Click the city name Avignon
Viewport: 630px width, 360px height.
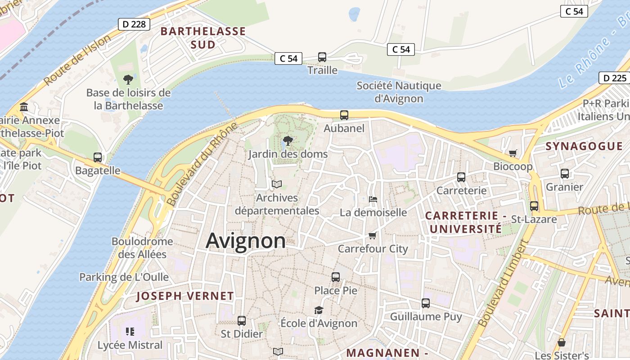tap(246, 241)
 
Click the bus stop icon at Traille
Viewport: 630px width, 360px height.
tap(322, 57)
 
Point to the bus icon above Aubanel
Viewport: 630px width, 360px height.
tap(344, 115)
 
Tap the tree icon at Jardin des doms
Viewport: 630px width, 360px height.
tap(288, 141)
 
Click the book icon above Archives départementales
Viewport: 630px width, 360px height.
tap(277, 184)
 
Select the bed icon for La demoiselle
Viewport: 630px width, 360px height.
tap(373, 199)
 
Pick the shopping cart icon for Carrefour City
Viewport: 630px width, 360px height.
tap(372, 236)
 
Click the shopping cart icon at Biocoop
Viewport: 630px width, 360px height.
tap(513, 153)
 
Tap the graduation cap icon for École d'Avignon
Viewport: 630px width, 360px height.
tap(319, 310)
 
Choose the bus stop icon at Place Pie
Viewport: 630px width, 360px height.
tap(336, 277)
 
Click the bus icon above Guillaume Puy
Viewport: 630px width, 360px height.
tap(426, 303)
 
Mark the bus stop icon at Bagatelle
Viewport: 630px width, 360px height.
tap(98, 157)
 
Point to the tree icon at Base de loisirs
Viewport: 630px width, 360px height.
tap(128, 80)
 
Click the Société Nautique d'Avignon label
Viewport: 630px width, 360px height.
tap(399, 92)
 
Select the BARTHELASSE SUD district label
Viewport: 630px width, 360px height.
tap(203, 38)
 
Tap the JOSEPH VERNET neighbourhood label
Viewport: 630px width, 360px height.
tap(185, 296)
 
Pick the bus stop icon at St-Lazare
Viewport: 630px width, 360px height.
tap(534, 206)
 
